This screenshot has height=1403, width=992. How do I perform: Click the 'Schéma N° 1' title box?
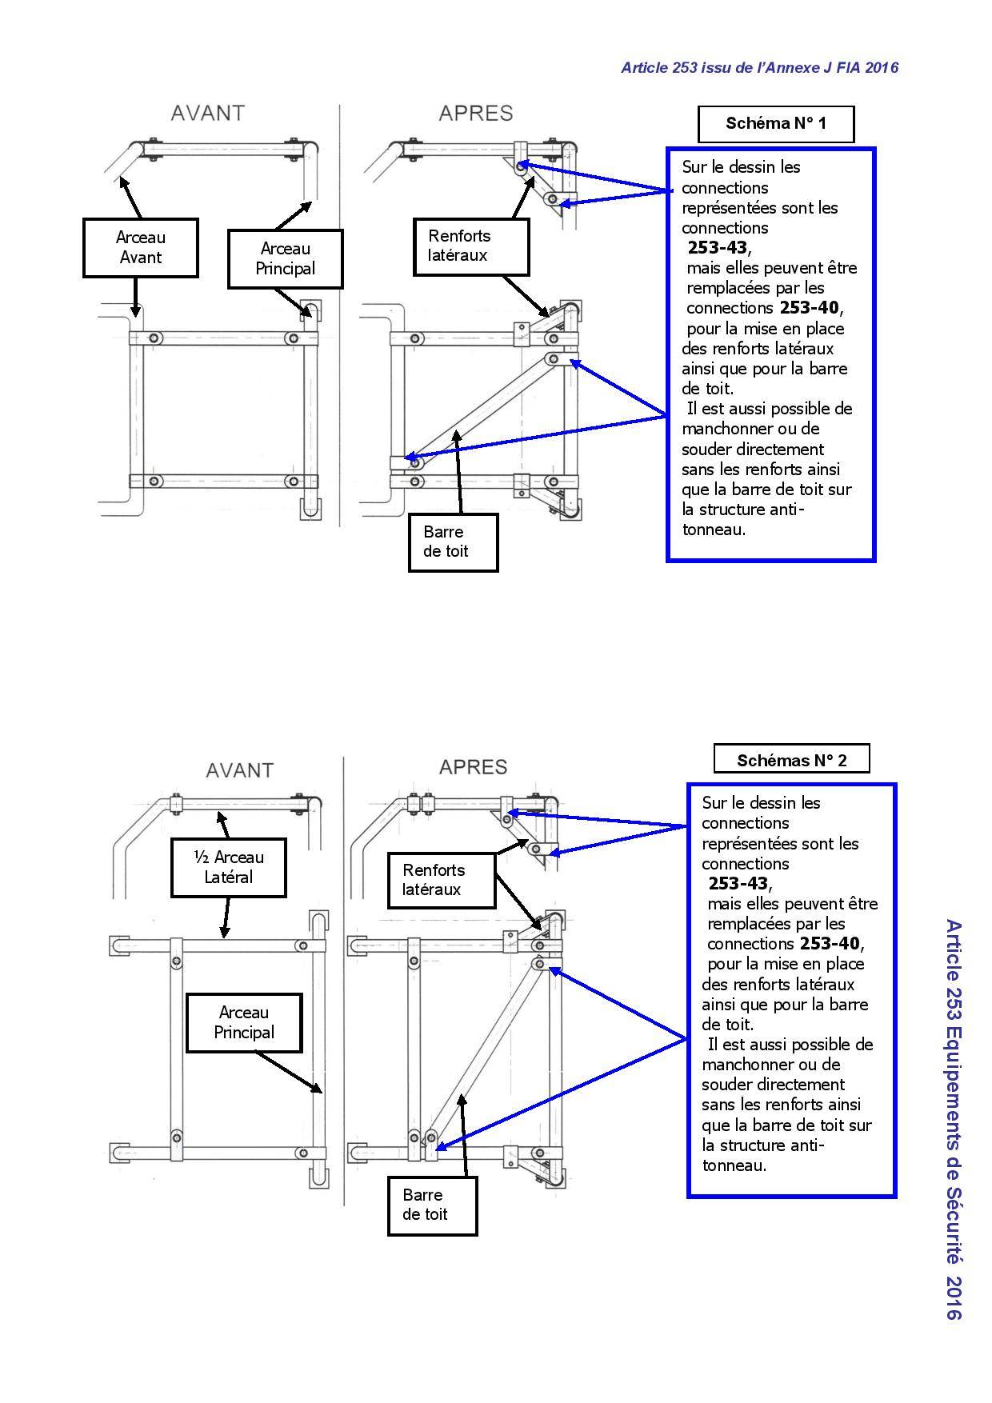[775, 124]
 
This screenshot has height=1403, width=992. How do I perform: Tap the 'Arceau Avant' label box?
[141, 248]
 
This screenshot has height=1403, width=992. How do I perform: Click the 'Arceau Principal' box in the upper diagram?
[286, 259]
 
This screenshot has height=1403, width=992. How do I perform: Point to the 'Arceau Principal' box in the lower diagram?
[244, 1023]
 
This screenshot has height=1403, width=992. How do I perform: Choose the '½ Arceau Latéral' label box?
[229, 867]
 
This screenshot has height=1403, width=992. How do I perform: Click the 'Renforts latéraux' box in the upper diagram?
[472, 246]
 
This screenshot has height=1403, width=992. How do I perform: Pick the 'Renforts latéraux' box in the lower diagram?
[442, 881]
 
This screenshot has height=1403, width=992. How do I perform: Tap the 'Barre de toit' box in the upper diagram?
[454, 542]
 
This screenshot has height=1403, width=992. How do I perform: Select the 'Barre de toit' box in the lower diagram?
[433, 1205]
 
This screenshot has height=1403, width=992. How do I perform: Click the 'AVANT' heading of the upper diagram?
[208, 114]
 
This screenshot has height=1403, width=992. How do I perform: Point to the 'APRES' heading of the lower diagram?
[474, 767]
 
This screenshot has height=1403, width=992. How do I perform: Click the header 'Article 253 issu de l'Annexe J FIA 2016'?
[760, 67]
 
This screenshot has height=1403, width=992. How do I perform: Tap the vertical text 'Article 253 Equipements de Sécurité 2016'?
[954, 1119]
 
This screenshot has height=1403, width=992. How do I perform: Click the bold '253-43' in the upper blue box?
[717, 248]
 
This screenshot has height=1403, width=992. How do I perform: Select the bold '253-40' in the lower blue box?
[831, 944]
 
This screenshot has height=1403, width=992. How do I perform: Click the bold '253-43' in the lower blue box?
[738, 884]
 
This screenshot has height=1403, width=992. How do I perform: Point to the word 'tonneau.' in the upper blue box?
[714, 530]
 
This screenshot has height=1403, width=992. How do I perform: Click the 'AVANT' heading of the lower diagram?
[240, 770]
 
